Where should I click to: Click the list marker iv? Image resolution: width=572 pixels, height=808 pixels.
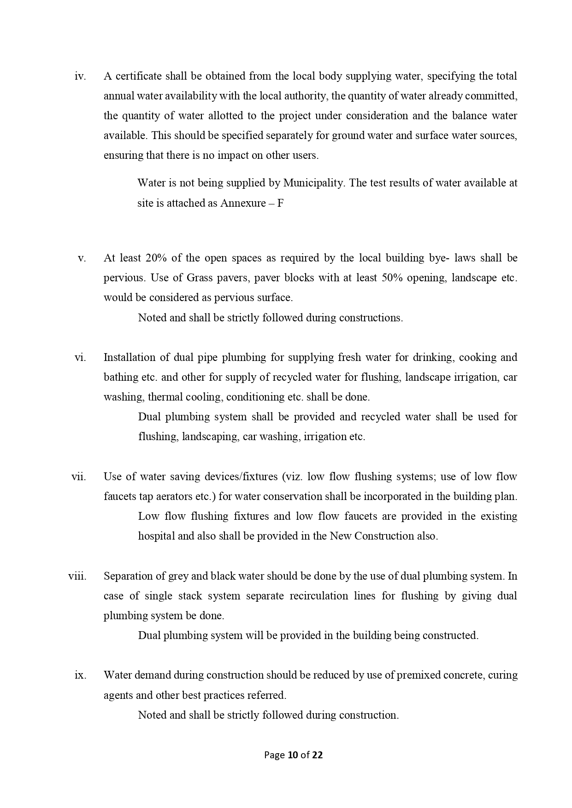[x=80, y=76]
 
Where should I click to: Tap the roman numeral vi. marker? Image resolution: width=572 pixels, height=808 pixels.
[x=80, y=358]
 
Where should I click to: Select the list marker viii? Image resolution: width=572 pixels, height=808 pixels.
[x=77, y=576]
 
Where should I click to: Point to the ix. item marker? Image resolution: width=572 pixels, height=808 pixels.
[x=80, y=675]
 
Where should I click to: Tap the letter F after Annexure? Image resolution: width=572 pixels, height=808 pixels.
[x=280, y=203]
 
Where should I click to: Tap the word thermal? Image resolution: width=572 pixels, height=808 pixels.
[x=165, y=397]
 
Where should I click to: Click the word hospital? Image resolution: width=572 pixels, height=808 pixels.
[x=156, y=536]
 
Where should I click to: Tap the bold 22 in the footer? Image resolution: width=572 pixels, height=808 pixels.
[x=317, y=755]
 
